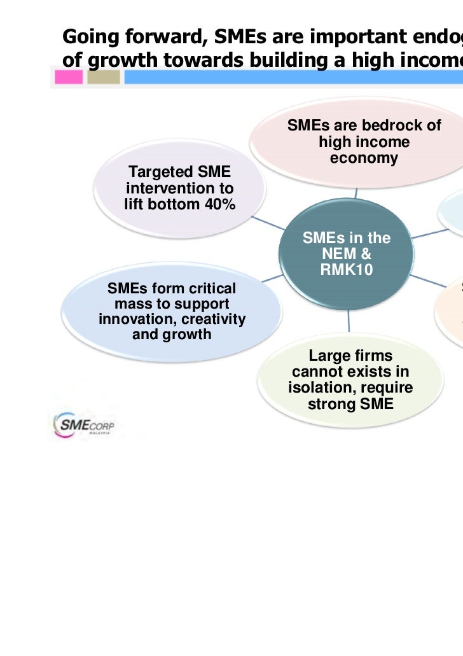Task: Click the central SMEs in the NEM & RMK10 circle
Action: pos(347,255)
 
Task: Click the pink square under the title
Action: pos(69,78)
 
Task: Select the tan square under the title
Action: pos(103,78)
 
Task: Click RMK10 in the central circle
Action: pos(347,270)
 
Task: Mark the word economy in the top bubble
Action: pos(364,158)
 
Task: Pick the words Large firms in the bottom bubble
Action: pos(350,356)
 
